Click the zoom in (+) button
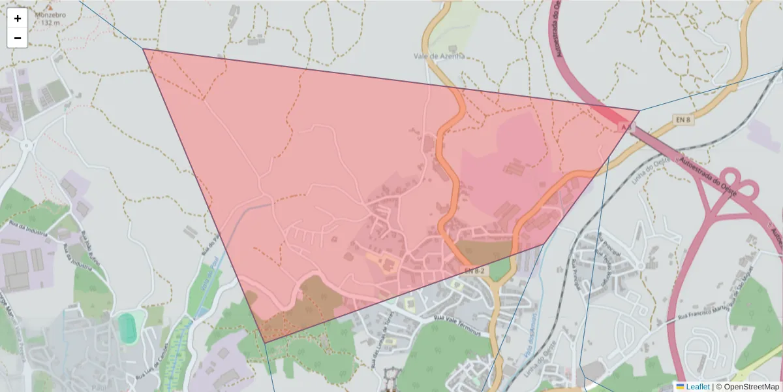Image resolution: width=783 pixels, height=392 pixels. click(17, 18)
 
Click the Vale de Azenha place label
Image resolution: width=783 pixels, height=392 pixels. click(439, 56)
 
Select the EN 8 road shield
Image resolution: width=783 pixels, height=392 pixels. click(683, 120)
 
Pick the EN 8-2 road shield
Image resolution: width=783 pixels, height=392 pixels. click(476, 270)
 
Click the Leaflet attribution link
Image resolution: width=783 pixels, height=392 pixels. click(697, 387)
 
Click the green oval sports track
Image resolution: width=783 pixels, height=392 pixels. click(127, 327)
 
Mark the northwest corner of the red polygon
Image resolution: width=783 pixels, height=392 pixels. click(144, 49)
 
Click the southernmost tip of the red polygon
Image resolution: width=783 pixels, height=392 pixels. click(264, 342)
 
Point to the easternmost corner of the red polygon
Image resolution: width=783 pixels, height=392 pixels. click(639, 111)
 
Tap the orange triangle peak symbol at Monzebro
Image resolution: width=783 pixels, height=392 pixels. click(46, 7)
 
